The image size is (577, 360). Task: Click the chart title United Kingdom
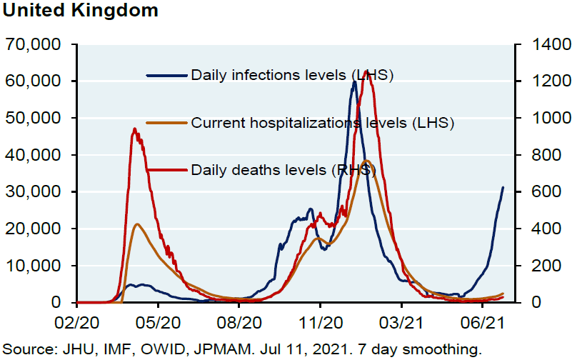79,12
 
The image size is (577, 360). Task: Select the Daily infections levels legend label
292,74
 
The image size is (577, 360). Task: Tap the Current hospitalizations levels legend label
323,123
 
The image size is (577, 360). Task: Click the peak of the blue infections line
354,82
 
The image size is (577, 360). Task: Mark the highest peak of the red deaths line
366,71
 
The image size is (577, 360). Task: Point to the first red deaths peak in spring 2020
135,129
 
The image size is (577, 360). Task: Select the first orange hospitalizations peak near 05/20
137,224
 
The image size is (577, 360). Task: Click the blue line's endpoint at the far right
503,187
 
